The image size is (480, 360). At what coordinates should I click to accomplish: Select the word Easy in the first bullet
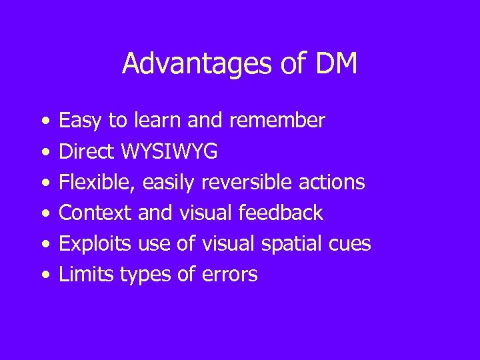point(81,121)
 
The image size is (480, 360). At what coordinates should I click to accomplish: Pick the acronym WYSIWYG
point(169,152)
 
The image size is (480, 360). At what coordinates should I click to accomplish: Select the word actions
point(336,183)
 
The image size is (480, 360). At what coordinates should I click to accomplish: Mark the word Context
point(95,213)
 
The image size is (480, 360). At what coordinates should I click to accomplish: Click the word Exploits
point(95,244)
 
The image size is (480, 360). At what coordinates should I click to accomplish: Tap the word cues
point(350,244)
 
